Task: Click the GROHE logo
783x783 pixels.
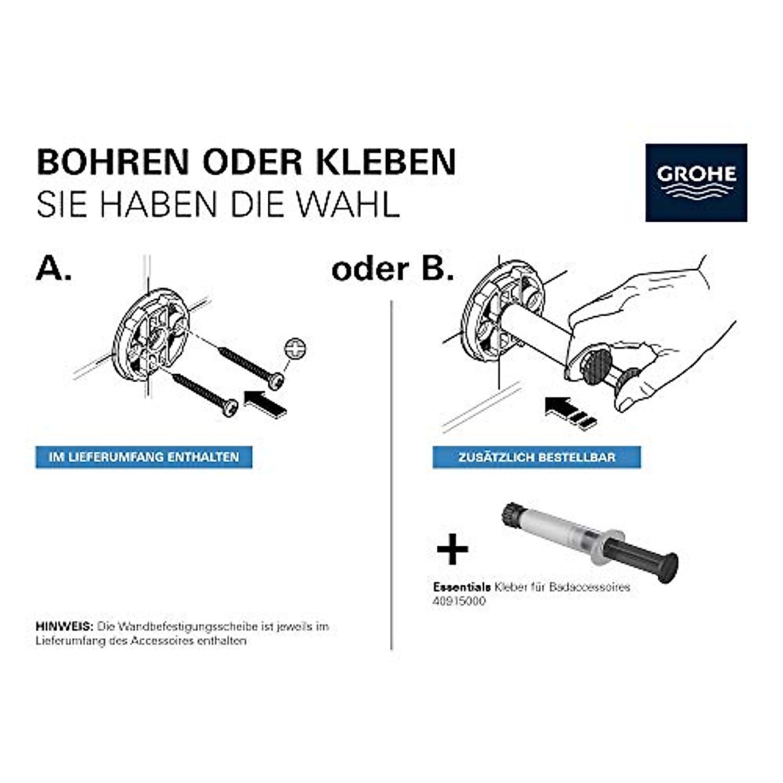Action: [696, 182]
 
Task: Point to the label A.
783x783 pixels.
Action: [54, 268]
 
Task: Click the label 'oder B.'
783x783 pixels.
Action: [392, 269]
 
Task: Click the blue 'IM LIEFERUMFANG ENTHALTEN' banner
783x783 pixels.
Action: [144, 457]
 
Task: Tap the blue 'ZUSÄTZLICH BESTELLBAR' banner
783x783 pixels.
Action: [536, 457]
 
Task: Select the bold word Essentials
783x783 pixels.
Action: [461, 587]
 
